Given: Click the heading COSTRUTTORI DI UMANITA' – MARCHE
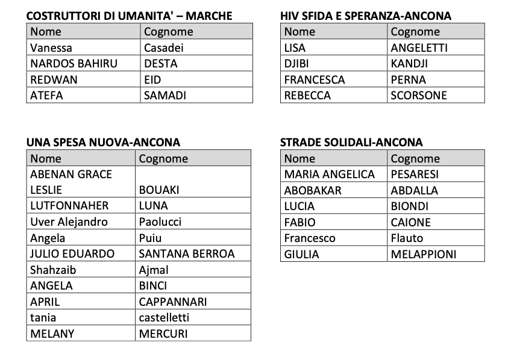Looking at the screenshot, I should (129, 16).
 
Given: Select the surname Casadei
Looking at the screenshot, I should (164, 48).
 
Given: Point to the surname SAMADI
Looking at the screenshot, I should (165, 95).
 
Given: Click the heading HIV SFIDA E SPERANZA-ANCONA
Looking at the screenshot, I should (366, 16).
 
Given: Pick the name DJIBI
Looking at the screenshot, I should (296, 64).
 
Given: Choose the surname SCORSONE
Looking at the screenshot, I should (419, 95).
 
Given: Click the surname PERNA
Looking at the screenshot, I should (408, 79).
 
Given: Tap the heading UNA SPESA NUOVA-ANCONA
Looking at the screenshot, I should (103, 143).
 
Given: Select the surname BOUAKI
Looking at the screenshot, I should (159, 190).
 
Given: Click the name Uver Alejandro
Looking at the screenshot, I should (69, 222).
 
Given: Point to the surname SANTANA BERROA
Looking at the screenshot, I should (187, 253).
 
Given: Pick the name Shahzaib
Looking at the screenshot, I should (53, 270).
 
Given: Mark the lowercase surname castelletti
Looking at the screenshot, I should (164, 317).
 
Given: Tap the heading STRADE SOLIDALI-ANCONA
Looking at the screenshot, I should (351, 143).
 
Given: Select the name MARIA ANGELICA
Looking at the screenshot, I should (330, 175).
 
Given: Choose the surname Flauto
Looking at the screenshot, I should (407, 238).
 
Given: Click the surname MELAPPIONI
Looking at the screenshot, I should (424, 254).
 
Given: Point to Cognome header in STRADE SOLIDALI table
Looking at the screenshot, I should (415, 159).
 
